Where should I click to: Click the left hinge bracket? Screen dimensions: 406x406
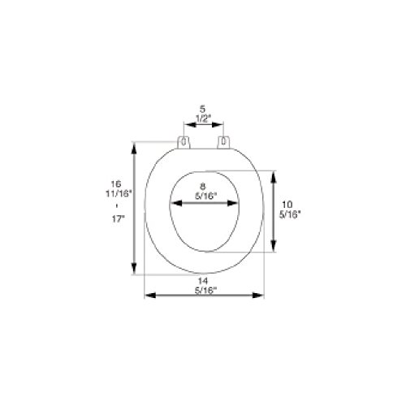pos(184,142)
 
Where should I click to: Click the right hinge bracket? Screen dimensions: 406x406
pos(223,142)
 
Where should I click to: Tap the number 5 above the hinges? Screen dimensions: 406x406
pos(202,109)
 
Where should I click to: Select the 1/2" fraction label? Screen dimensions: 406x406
pos(203,119)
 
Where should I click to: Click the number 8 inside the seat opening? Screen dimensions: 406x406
pos(202,187)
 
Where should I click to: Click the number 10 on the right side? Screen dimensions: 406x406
pos(287,205)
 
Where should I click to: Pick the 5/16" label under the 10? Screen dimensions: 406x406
pos(290,214)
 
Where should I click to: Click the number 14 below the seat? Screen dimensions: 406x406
pos(203,281)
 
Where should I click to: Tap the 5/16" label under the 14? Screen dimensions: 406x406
pos(206,291)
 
